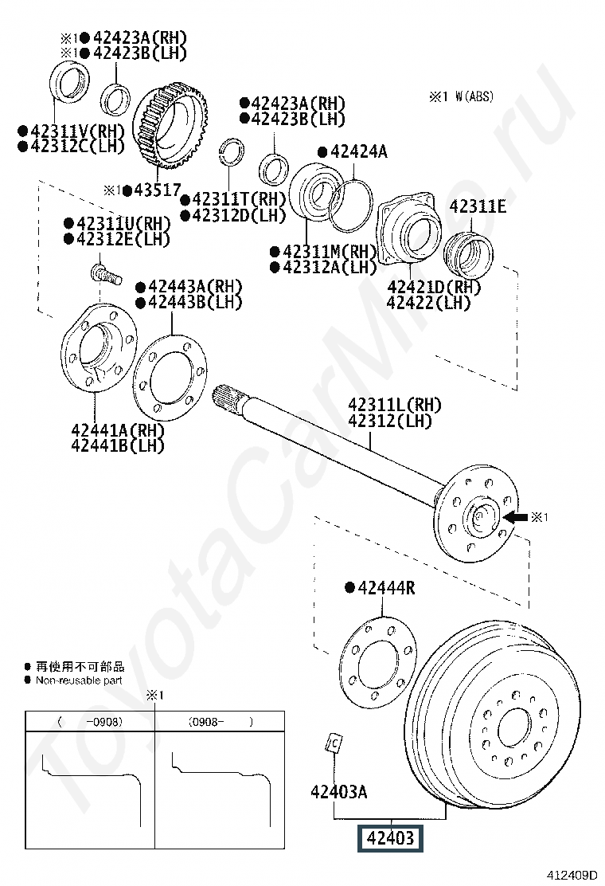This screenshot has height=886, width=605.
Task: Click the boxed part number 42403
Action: [390, 837]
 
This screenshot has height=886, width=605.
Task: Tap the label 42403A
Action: [338, 792]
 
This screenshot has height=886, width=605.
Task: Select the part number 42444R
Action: [387, 588]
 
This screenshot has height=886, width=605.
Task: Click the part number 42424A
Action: [358, 151]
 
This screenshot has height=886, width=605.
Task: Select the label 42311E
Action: [478, 206]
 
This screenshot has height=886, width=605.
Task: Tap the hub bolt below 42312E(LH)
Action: [106, 275]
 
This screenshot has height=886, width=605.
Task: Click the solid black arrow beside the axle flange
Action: [516, 516]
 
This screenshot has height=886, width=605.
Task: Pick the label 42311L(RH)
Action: [395, 405]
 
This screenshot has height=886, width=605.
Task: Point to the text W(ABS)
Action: [474, 96]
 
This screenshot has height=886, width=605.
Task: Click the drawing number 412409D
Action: [571, 875]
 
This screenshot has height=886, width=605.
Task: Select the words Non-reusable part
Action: [79, 680]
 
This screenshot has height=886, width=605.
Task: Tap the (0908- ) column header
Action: [220, 722]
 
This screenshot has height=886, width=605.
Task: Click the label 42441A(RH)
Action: [118, 430]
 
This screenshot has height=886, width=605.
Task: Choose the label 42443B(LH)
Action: [195, 302]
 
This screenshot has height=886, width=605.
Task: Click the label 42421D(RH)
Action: [434, 287]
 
